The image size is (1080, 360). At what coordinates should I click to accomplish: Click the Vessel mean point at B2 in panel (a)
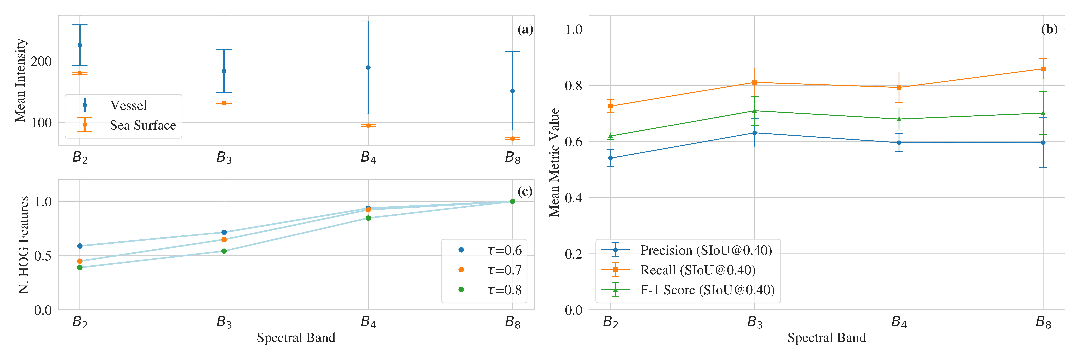point(80,45)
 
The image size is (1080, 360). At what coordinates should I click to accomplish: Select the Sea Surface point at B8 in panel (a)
point(512,138)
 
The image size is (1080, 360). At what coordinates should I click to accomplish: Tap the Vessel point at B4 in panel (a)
point(368,67)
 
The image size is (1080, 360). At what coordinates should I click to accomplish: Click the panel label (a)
point(525,29)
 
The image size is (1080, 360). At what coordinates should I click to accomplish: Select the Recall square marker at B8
point(1043,69)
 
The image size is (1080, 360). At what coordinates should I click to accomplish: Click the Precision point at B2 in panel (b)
point(610,158)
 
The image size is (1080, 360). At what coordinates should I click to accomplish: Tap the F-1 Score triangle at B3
point(755,111)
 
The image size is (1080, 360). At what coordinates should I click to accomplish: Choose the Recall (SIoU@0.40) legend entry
point(698,270)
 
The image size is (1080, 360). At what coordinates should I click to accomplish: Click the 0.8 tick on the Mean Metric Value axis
point(574,86)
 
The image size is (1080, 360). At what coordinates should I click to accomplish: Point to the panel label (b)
point(1049,29)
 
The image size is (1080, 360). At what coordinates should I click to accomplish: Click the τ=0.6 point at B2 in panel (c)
point(80,246)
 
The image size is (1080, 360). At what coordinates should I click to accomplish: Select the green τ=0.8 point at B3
point(224,251)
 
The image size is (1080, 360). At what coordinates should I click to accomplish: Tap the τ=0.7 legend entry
point(504,270)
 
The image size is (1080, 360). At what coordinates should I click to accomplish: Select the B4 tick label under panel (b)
point(899,322)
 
